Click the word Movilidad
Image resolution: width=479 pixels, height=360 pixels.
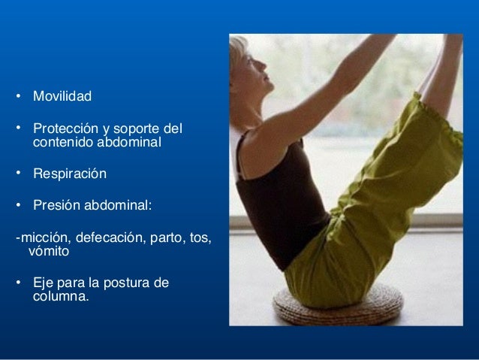62,97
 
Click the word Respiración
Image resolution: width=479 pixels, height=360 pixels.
70,174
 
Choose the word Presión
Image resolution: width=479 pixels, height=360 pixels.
56,205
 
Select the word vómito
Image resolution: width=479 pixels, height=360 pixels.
48,252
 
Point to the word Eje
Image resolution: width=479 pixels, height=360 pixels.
44,283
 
